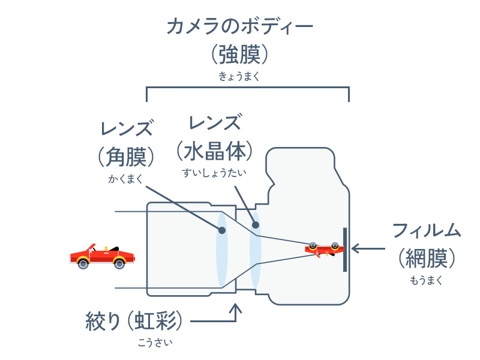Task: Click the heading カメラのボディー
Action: click(x=239, y=26)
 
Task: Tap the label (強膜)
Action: click(x=239, y=55)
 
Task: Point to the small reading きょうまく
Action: click(x=239, y=76)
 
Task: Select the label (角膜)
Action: click(x=126, y=157)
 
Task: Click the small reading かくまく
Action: click(x=125, y=179)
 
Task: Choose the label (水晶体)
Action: click(x=215, y=151)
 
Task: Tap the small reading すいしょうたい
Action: click(x=214, y=173)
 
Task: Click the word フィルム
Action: click(x=427, y=230)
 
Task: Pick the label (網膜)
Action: click(x=427, y=259)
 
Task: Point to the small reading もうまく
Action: click(x=426, y=280)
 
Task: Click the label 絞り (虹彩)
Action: click(x=134, y=321)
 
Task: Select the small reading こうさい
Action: click(x=155, y=343)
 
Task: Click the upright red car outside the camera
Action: click(x=103, y=257)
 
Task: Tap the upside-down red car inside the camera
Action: click(x=324, y=249)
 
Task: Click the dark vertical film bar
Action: click(x=345, y=250)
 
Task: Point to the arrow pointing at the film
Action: click(x=368, y=248)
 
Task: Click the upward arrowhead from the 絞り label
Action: click(x=236, y=308)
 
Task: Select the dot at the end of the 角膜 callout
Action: click(x=222, y=230)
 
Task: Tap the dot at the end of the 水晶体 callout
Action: click(x=256, y=225)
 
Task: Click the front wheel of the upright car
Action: click(x=119, y=263)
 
